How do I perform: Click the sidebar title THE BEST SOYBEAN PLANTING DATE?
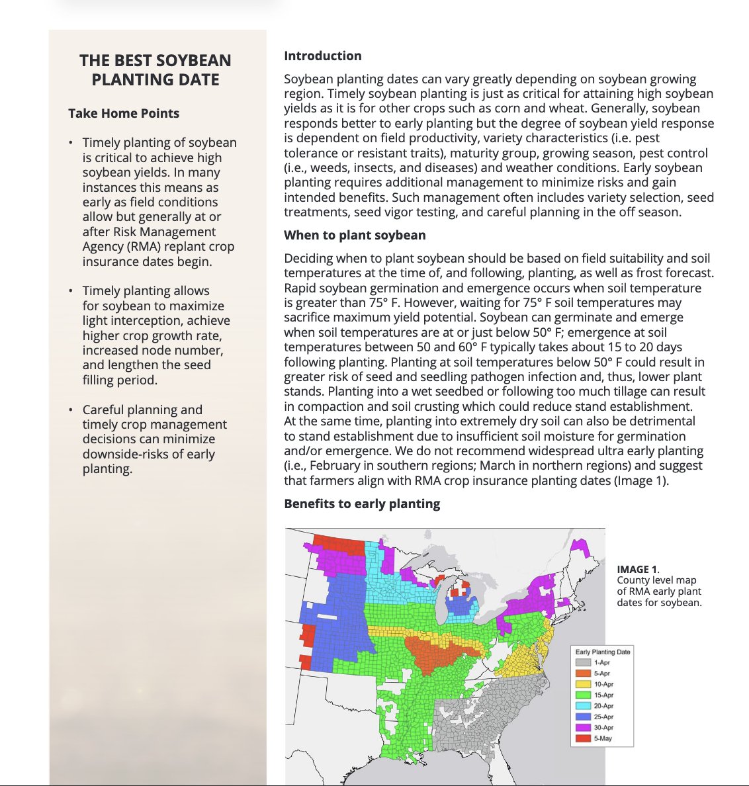coord(155,70)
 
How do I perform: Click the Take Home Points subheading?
coord(124,113)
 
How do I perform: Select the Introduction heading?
coord(323,56)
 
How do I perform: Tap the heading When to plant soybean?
coord(355,236)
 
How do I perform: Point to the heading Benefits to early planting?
coord(362,503)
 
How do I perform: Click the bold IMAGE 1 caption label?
coord(637,569)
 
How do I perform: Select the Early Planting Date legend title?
coord(603,652)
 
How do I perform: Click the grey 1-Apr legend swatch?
coord(583,662)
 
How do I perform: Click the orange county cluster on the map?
coord(437,652)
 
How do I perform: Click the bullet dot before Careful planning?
coord(71,410)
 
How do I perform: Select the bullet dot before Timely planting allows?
coord(71,291)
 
